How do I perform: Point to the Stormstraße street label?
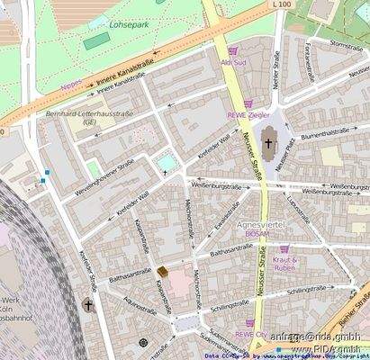346,43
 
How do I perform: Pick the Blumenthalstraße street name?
325,132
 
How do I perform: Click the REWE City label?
252,333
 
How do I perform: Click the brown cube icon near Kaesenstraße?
163,271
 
